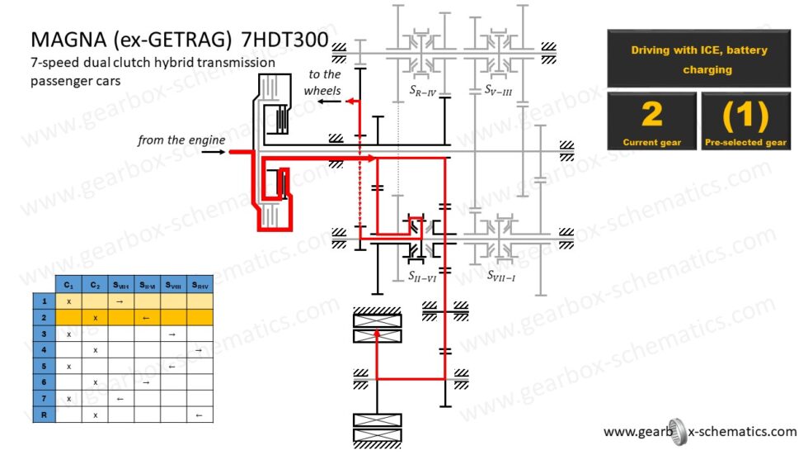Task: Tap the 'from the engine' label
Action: (x=181, y=140)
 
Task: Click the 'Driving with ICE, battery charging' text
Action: (x=699, y=59)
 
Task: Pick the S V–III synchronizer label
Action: (x=498, y=88)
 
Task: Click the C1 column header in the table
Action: (x=68, y=285)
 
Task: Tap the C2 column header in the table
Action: (x=95, y=285)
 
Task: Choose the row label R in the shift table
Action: (x=43, y=415)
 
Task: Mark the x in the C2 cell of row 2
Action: (x=95, y=317)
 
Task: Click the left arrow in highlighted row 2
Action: (x=146, y=317)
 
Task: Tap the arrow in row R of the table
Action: (x=199, y=415)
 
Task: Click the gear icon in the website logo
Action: (x=674, y=430)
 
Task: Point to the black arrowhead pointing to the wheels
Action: (x=323, y=102)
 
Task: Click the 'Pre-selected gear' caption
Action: (x=745, y=143)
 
